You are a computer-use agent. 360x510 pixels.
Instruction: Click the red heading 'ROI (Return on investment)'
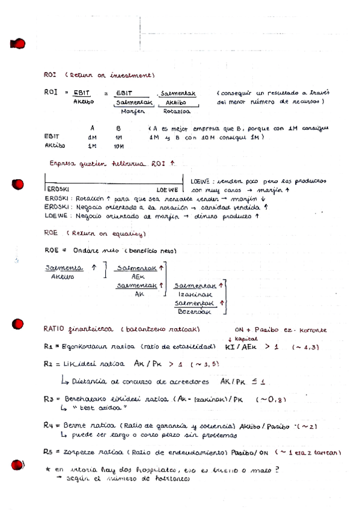(100, 75)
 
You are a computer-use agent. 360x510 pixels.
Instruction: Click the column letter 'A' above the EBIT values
(92, 128)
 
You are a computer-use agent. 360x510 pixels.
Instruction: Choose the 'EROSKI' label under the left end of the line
(57, 189)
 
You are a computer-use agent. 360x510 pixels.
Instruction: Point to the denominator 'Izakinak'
(193, 296)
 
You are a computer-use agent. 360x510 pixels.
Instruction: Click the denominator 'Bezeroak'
(194, 312)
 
